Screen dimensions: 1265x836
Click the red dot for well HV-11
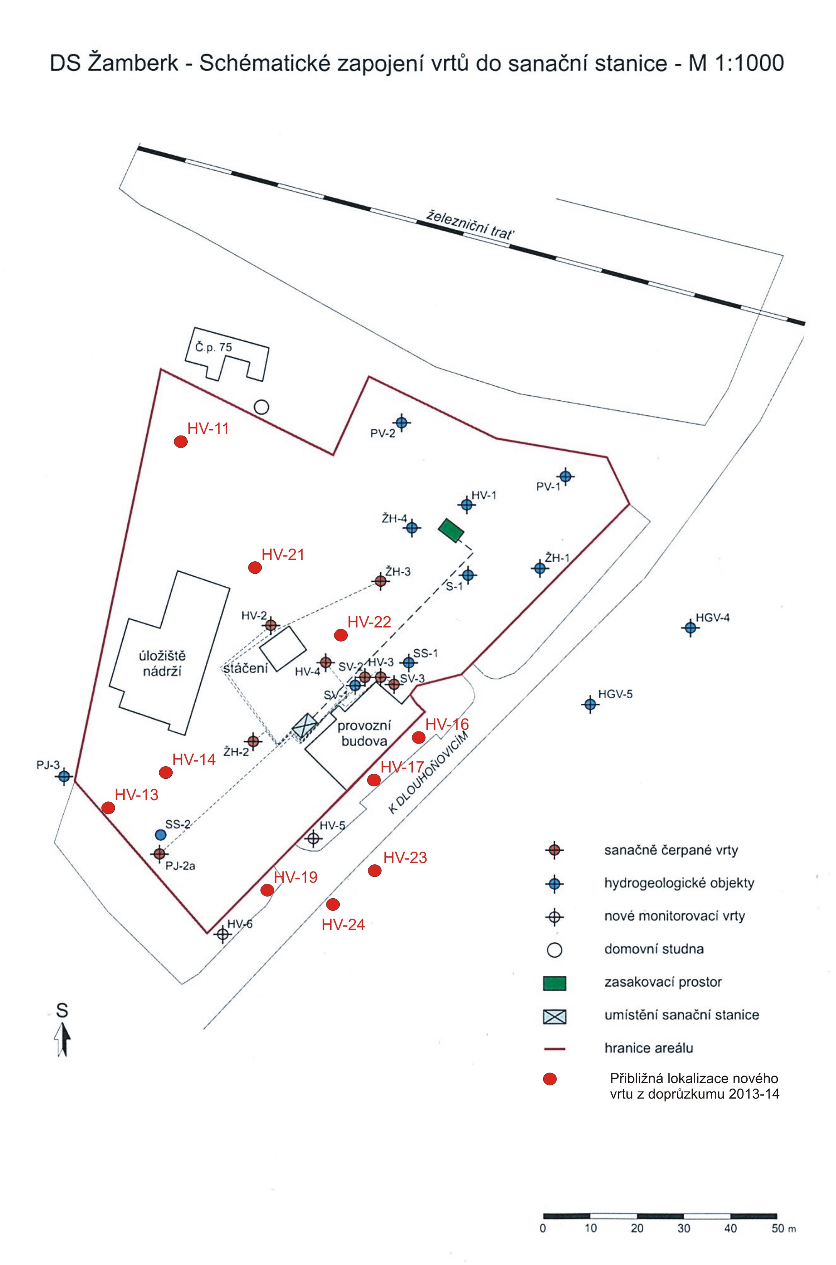pyautogui.click(x=181, y=442)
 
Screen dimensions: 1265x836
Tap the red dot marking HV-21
pyautogui.click(x=255, y=568)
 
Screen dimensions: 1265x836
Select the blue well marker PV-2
pyautogui.click(x=402, y=423)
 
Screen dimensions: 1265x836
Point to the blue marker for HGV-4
pyautogui.click(x=691, y=628)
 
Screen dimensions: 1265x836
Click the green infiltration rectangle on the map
pyautogui.click(x=450, y=531)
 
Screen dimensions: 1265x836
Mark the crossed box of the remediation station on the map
pyautogui.click(x=305, y=726)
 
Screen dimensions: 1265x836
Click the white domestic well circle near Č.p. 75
pyautogui.click(x=261, y=407)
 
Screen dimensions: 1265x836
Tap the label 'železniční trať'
pyautogui.click(x=472, y=225)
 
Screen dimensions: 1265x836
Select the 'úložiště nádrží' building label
pyautogui.click(x=162, y=663)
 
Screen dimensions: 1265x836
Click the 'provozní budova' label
pyautogui.click(x=364, y=733)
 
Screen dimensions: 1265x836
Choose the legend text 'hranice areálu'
pyautogui.click(x=648, y=1048)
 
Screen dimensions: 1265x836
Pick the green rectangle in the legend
pyautogui.click(x=554, y=982)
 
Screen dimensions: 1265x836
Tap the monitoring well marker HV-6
pyautogui.click(x=223, y=934)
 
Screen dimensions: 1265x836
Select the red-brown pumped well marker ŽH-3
pyautogui.click(x=380, y=581)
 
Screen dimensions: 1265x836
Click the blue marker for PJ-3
pyautogui.click(x=65, y=776)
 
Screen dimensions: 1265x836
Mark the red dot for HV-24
pyautogui.click(x=333, y=904)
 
